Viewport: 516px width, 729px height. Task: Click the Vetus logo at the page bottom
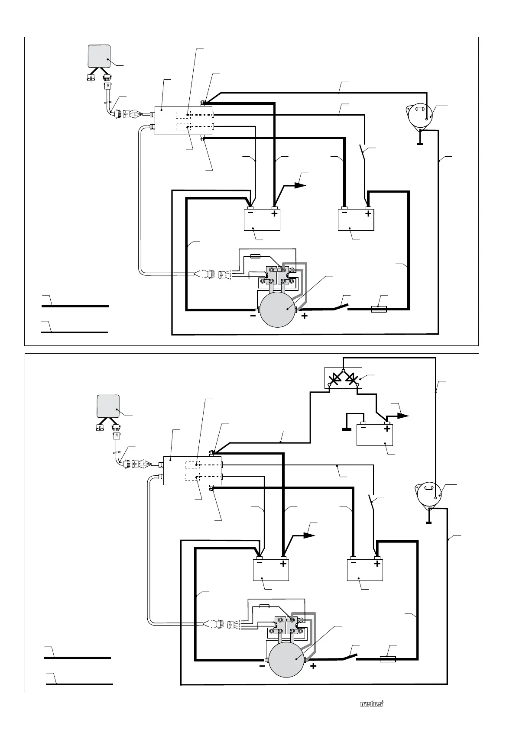[372, 704]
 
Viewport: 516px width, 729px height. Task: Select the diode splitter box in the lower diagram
[343, 378]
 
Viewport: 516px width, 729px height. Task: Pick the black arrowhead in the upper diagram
[299, 185]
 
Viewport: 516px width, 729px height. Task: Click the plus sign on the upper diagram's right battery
[368, 214]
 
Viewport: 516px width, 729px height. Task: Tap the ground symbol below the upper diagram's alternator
[419, 143]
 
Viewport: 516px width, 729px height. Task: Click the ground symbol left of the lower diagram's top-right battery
[346, 429]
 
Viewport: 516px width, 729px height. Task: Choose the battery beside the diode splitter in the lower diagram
[374, 435]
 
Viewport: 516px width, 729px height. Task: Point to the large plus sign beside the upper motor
[305, 316]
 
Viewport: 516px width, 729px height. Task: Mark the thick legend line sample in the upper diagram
[75, 306]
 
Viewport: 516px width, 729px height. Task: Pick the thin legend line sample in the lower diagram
[80, 684]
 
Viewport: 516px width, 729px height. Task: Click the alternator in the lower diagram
[429, 493]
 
